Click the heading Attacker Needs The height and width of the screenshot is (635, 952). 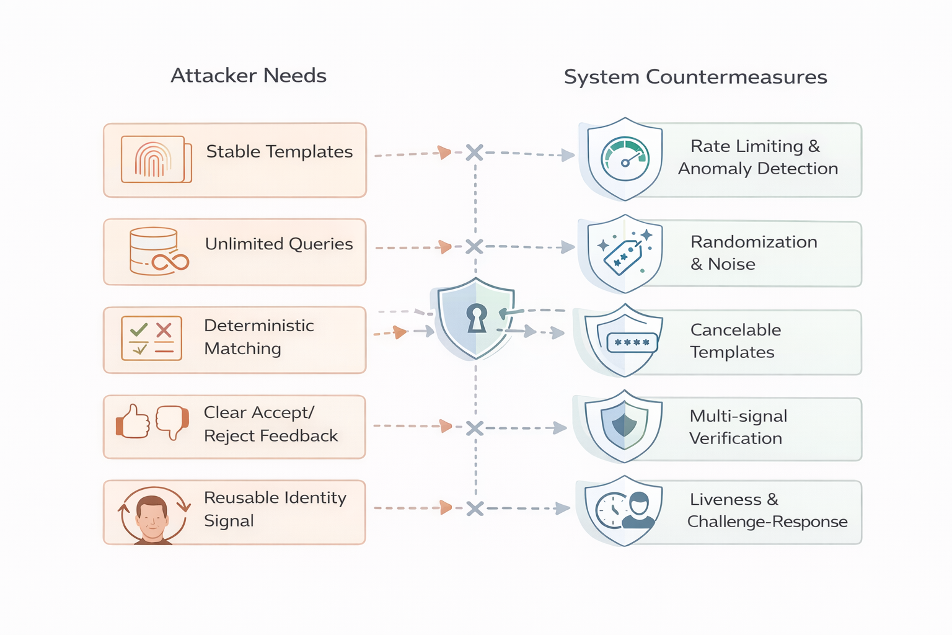[249, 76]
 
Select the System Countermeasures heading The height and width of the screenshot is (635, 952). [695, 77]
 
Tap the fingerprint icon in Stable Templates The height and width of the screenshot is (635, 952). [153, 160]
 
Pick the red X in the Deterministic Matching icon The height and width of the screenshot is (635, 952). [164, 330]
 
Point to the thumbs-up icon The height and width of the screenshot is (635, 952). [133, 422]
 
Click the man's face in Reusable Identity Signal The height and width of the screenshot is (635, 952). [152, 517]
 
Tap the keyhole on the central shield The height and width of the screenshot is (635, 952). [477, 318]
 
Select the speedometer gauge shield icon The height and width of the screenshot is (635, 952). [625, 159]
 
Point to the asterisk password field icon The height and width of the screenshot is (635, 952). [632, 342]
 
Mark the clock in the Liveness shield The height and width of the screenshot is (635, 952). [611, 510]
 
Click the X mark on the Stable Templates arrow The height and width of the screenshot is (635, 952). [475, 153]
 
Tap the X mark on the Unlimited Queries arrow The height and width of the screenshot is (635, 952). [474, 247]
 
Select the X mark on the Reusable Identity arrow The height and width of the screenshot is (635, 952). [475, 509]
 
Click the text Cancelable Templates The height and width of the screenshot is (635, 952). [735, 341]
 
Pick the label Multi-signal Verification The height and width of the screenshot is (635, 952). [738, 427]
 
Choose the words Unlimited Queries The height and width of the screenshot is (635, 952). [279, 244]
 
